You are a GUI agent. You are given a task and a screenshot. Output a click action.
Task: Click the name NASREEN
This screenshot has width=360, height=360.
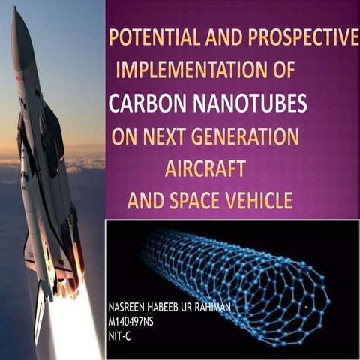pos(130,308)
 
